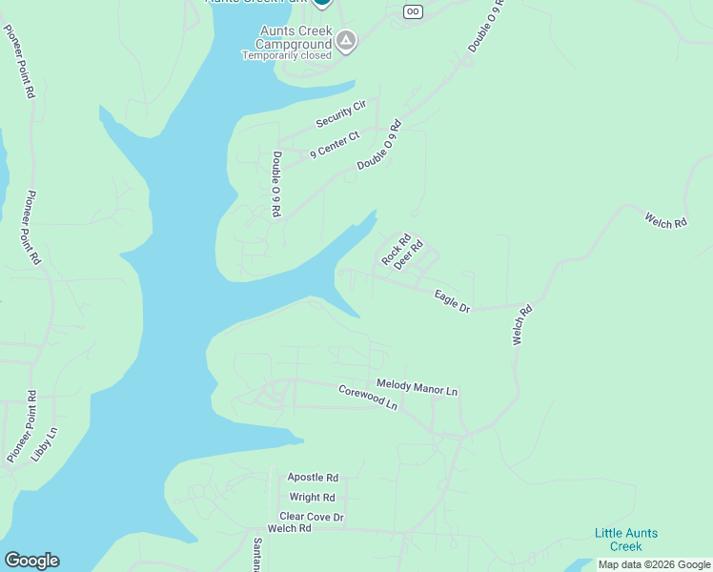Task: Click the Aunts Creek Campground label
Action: (x=295, y=37)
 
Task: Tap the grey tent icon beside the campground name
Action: (x=346, y=41)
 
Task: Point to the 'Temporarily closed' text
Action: (x=286, y=55)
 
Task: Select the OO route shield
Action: (x=412, y=11)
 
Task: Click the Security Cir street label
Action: (x=341, y=114)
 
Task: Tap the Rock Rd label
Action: (x=396, y=250)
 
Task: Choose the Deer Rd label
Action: (x=409, y=255)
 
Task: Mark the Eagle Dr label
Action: (x=452, y=301)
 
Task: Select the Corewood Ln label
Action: (x=367, y=397)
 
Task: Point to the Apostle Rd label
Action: (x=313, y=477)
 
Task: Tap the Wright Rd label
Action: (x=312, y=497)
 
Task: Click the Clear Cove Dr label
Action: (x=311, y=517)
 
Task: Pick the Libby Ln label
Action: (x=44, y=444)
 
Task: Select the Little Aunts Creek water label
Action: (x=626, y=540)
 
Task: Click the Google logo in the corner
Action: (x=31, y=561)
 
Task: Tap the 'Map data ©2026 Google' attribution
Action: (x=654, y=564)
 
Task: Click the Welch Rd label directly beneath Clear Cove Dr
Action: (x=290, y=528)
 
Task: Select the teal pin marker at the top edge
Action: (x=322, y=3)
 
